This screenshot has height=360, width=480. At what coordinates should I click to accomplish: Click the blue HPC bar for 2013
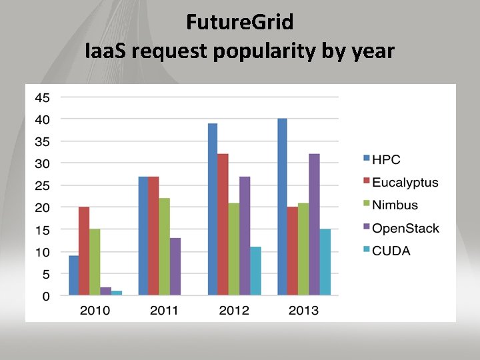282,207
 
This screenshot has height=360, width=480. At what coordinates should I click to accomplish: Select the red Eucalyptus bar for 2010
84,251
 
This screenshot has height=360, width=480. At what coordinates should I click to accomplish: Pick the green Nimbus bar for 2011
164,247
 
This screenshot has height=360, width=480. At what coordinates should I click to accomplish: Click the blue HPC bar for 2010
73,275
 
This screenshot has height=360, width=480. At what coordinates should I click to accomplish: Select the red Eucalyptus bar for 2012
223,225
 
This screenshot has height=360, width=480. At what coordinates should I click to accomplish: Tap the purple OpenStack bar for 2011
175,267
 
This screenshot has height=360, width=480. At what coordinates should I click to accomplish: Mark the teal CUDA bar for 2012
255,271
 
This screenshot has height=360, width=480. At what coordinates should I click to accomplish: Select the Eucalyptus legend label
404,182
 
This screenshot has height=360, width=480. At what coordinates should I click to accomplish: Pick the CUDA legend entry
391,251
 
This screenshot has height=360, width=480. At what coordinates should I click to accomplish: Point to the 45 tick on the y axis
42,97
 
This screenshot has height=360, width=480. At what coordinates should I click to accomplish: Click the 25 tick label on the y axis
42,185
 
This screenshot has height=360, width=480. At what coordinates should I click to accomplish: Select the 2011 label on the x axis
164,310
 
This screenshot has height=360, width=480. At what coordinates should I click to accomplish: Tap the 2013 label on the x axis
303,310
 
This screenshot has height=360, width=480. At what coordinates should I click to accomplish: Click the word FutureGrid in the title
239,22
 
